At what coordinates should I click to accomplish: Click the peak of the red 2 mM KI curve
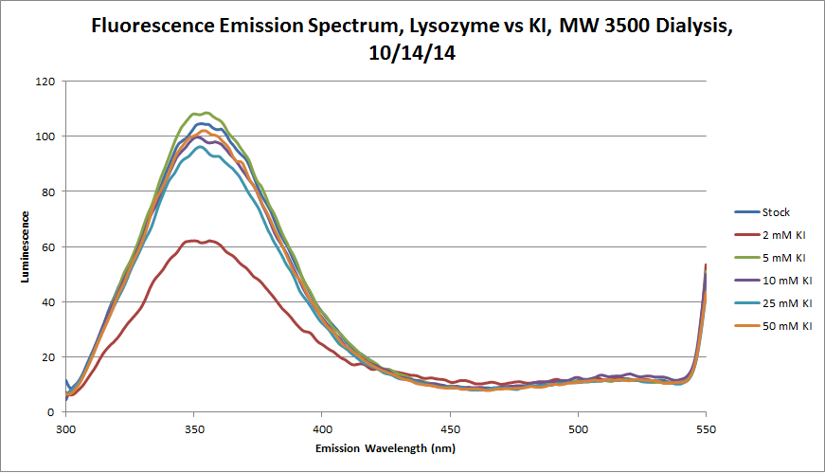click(193, 241)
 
